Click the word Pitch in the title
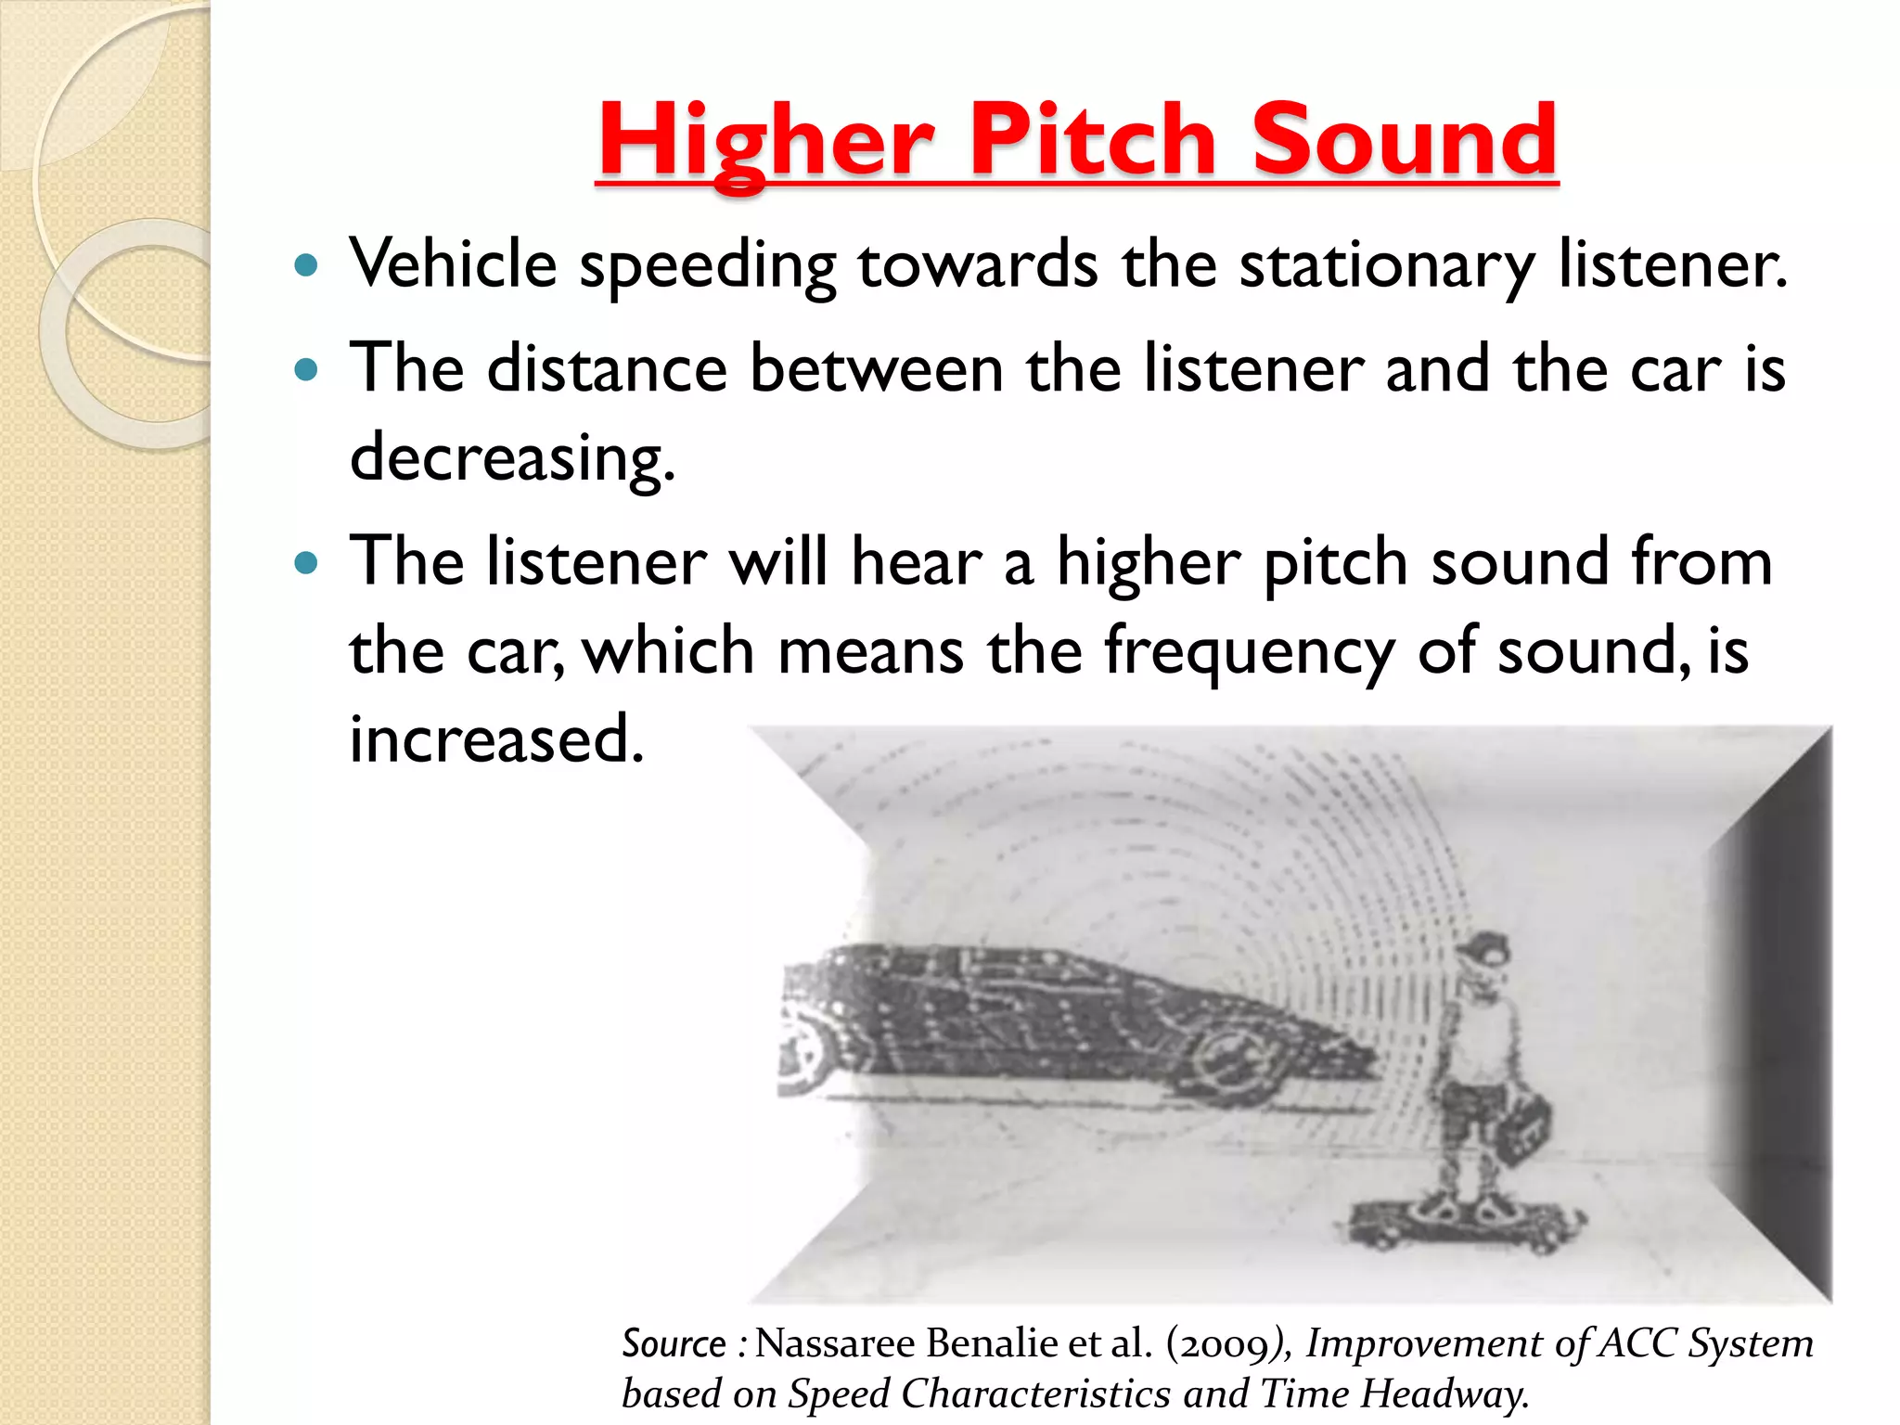coord(1092,141)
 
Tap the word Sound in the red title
coord(1404,141)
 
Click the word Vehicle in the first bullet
coord(453,264)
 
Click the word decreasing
coord(511,458)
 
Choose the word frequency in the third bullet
coord(1249,652)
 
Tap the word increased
coord(495,739)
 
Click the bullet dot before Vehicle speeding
coord(305,267)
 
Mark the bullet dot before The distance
coord(305,371)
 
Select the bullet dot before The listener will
coord(305,563)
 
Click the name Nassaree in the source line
coord(833,1343)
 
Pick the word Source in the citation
coord(674,1343)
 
